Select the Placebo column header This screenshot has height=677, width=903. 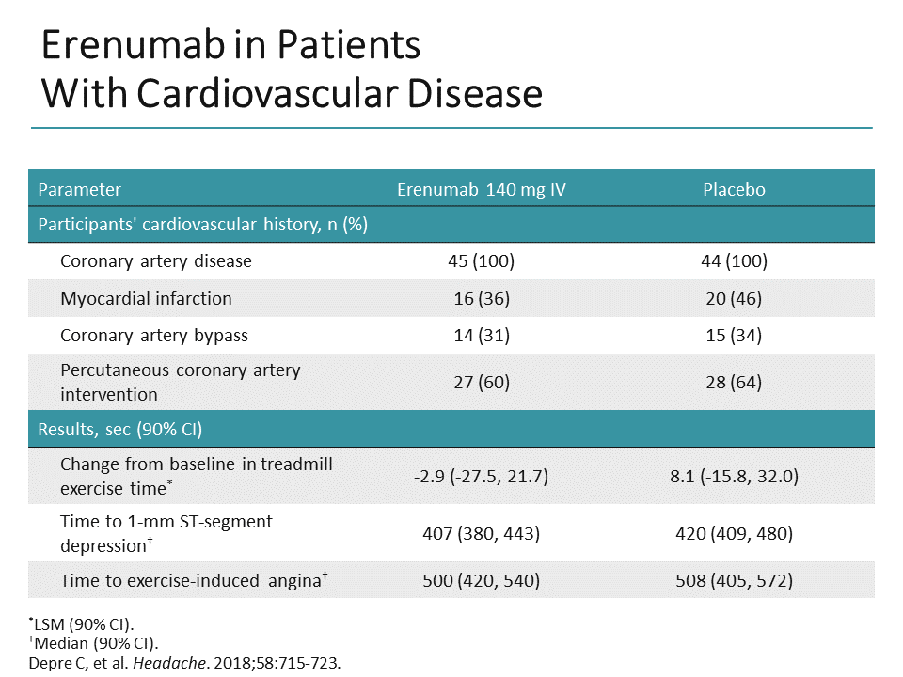coord(734,189)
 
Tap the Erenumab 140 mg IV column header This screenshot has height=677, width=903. coord(481,189)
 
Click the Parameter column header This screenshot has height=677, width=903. coord(79,189)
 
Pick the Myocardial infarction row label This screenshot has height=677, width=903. coord(146,298)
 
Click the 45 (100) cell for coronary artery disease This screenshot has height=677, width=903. coord(481,261)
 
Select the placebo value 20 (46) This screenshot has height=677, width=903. coord(734,298)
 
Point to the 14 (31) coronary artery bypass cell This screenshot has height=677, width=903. coord(481,335)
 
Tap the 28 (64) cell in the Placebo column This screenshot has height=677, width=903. coord(734,382)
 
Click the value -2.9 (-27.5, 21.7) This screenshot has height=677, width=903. coord(481,476)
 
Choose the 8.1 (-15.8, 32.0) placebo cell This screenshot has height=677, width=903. coord(734,476)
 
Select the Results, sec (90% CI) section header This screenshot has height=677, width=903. coord(119,430)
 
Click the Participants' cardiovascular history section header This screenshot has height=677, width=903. coord(202,225)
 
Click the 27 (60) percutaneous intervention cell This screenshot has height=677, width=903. coord(481,382)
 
